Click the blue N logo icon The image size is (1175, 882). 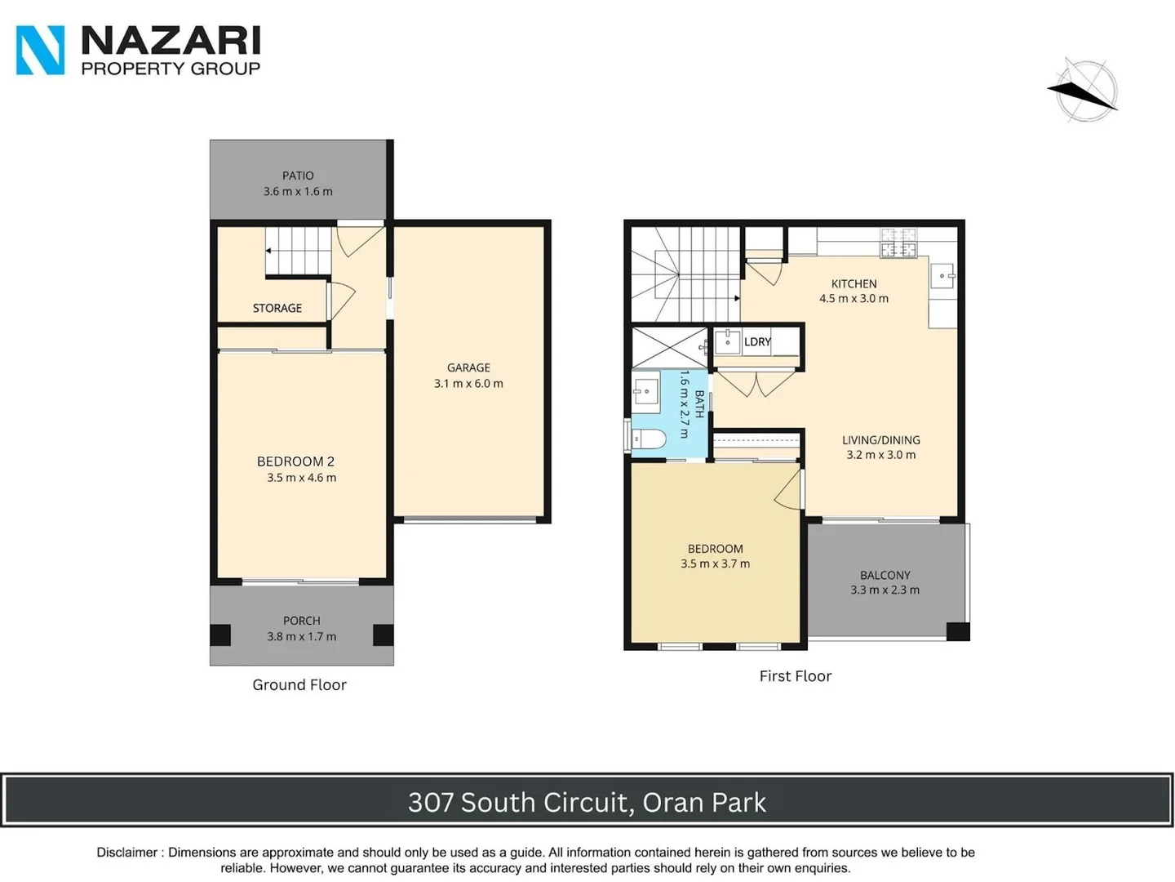[x=40, y=50]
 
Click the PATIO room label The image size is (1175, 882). [x=298, y=176]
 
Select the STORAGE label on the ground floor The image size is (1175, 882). [x=277, y=308]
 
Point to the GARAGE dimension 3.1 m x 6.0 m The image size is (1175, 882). [x=468, y=383]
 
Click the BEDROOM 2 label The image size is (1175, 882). [x=295, y=461]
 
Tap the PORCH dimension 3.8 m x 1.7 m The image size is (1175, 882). [x=301, y=636]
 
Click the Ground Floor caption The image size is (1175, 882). [x=299, y=684]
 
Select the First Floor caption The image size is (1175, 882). [x=795, y=675]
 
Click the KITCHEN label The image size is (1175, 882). [x=854, y=283]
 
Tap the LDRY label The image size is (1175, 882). [x=757, y=341]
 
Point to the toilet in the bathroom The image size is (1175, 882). [x=649, y=439]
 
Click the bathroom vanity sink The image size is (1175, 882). [x=646, y=391]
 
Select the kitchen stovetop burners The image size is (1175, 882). [x=898, y=243]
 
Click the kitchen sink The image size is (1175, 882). [x=942, y=276]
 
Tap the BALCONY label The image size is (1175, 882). [x=885, y=575]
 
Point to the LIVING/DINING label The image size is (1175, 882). [x=880, y=439]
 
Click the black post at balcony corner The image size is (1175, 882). [x=957, y=630]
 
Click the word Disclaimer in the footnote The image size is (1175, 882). [x=126, y=852]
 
